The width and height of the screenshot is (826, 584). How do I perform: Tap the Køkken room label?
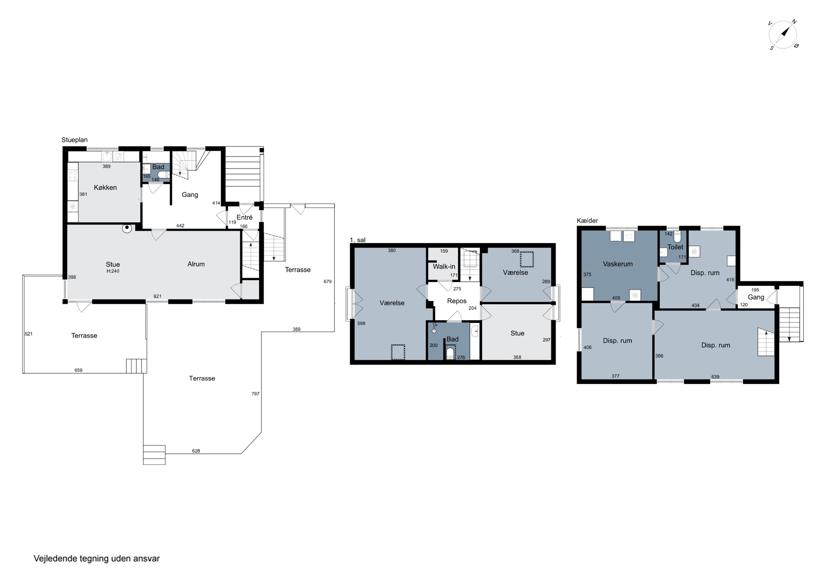(105, 188)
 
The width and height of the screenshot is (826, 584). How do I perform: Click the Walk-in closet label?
(444, 267)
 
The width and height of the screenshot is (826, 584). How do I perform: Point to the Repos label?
(457, 301)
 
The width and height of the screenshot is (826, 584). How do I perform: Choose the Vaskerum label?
(618, 264)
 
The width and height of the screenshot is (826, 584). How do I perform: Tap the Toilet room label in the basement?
(675, 247)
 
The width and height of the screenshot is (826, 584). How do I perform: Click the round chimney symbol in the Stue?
(127, 228)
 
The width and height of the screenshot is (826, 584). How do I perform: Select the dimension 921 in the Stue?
(157, 297)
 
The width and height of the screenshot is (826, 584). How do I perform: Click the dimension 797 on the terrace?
(256, 394)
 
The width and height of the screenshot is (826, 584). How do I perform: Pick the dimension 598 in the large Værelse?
(361, 324)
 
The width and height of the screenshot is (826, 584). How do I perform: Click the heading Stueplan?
(74, 140)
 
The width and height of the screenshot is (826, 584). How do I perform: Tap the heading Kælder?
(588, 221)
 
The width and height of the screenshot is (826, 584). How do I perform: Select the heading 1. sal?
(358, 240)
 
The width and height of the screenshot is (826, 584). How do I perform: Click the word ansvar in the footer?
(146, 559)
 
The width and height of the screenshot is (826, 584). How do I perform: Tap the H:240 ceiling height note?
(113, 271)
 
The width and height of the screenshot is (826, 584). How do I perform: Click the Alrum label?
(196, 264)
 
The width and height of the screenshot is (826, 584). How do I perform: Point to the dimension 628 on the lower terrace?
(196, 451)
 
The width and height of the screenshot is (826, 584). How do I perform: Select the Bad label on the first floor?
(453, 339)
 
